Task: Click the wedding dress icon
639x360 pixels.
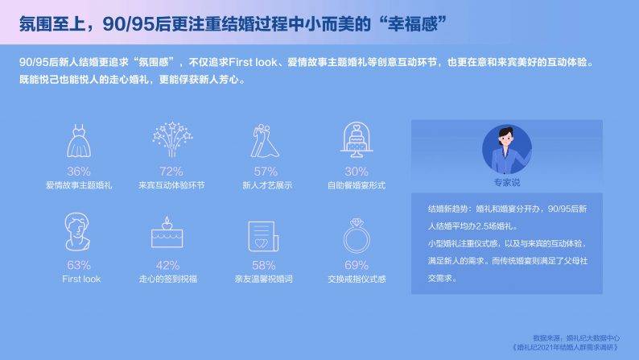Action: (x=79, y=141)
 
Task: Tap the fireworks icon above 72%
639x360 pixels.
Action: (x=172, y=139)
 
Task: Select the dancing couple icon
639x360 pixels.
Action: (x=265, y=141)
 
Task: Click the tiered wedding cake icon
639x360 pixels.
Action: (x=357, y=140)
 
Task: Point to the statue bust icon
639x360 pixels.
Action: (x=77, y=232)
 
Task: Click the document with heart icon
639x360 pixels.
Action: (x=264, y=237)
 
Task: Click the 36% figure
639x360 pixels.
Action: (x=79, y=172)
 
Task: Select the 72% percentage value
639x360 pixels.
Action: (x=171, y=172)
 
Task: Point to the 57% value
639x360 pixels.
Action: (x=266, y=172)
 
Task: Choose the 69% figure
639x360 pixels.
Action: (x=357, y=265)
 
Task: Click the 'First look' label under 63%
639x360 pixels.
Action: (x=81, y=279)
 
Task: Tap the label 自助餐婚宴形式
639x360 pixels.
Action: (x=357, y=185)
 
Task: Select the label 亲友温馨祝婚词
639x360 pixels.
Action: (x=264, y=279)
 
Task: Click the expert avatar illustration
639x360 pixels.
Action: (x=506, y=149)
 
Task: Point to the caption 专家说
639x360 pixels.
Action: (x=507, y=183)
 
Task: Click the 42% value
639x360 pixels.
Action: (x=167, y=266)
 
